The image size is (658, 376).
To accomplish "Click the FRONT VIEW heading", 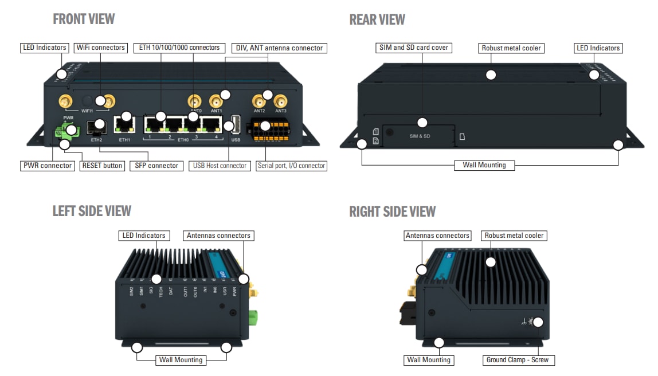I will tap(84, 19).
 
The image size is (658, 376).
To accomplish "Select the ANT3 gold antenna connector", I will tap(280, 101).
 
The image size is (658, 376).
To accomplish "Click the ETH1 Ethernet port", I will tap(124, 124).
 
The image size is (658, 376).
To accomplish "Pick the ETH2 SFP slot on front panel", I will tap(96, 127).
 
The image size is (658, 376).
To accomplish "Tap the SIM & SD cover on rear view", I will tap(420, 136).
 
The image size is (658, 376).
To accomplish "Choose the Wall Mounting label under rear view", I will tap(484, 165).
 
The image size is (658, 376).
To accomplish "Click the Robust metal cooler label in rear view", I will tap(511, 48).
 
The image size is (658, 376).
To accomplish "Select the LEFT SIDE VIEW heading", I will tap(92, 211).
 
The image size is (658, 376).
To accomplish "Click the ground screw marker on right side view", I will tap(537, 322).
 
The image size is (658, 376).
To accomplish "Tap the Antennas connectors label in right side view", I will tap(437, 236).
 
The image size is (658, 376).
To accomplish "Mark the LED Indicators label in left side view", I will tap(143, 236).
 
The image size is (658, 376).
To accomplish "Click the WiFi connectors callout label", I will tap(101, 48).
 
